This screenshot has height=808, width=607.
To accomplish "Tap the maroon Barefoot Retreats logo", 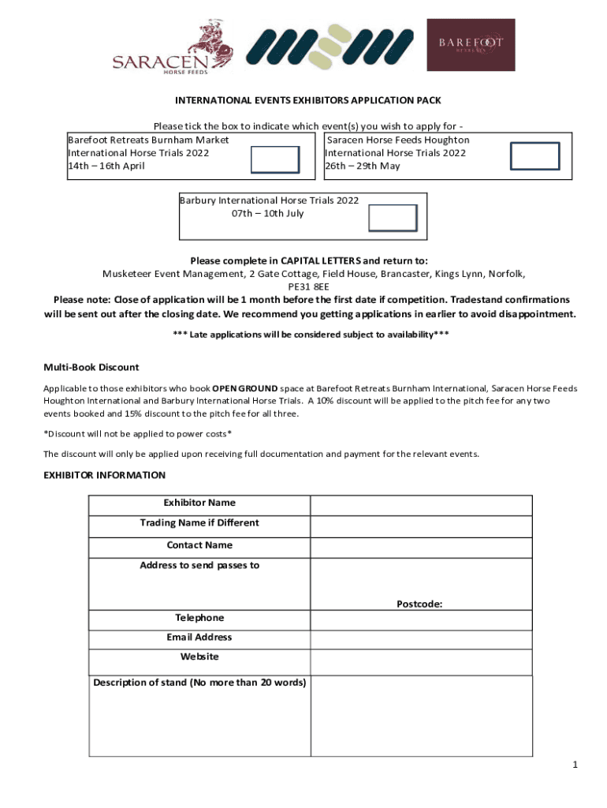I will click(x=471, y=44).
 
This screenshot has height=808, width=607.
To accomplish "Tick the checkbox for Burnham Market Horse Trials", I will click(x=274, y=159).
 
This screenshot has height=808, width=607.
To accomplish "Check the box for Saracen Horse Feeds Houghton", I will click(x=534, y=156).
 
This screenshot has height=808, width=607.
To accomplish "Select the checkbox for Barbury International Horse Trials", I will click(x=393, y=218).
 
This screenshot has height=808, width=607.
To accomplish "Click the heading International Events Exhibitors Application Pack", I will click(x=307, y=100).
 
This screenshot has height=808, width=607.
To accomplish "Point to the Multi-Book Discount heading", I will click(x=91, y=367).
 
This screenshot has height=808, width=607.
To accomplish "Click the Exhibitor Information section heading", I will click(x=104, y=475).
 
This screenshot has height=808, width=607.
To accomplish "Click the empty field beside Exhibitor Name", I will click(x=421, y=505).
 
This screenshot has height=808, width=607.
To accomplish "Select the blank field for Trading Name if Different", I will click(x=421, y=526).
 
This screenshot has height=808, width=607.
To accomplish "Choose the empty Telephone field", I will click(x=421, y=620).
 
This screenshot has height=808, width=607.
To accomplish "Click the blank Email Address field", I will click(x=421, y=639).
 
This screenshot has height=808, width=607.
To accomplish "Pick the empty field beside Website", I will click(x=421, y=660).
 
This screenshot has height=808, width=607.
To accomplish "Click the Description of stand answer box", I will click(x=421, y=715).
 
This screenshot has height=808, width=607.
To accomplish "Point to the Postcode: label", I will click(x=419, y=604).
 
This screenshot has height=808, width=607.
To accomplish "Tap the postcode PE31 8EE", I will click(x=314, y=287).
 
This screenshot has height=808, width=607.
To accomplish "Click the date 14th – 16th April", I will click(x=106, y=166).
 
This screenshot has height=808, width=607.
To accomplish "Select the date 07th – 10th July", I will click(x=267, y=213).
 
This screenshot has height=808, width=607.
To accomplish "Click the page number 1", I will click(x=575, y=765).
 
